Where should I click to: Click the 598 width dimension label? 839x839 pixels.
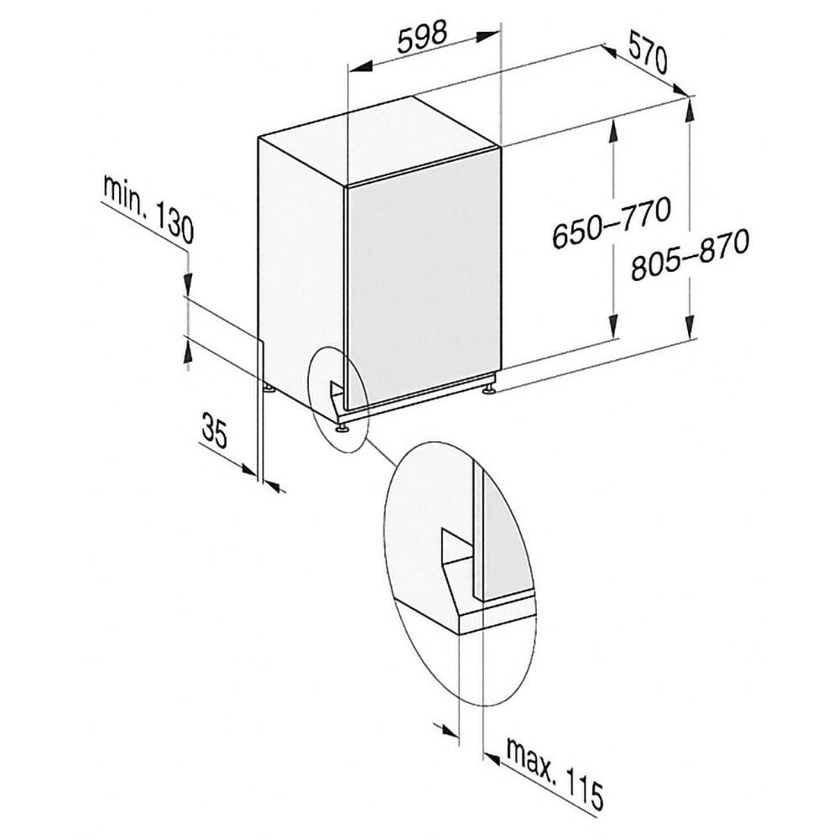(x=422, y=38)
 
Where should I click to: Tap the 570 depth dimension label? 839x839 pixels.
(x=648, y=53)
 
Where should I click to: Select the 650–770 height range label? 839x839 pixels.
(x=611, y=222)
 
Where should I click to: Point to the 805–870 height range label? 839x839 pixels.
(x=689, y=255)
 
